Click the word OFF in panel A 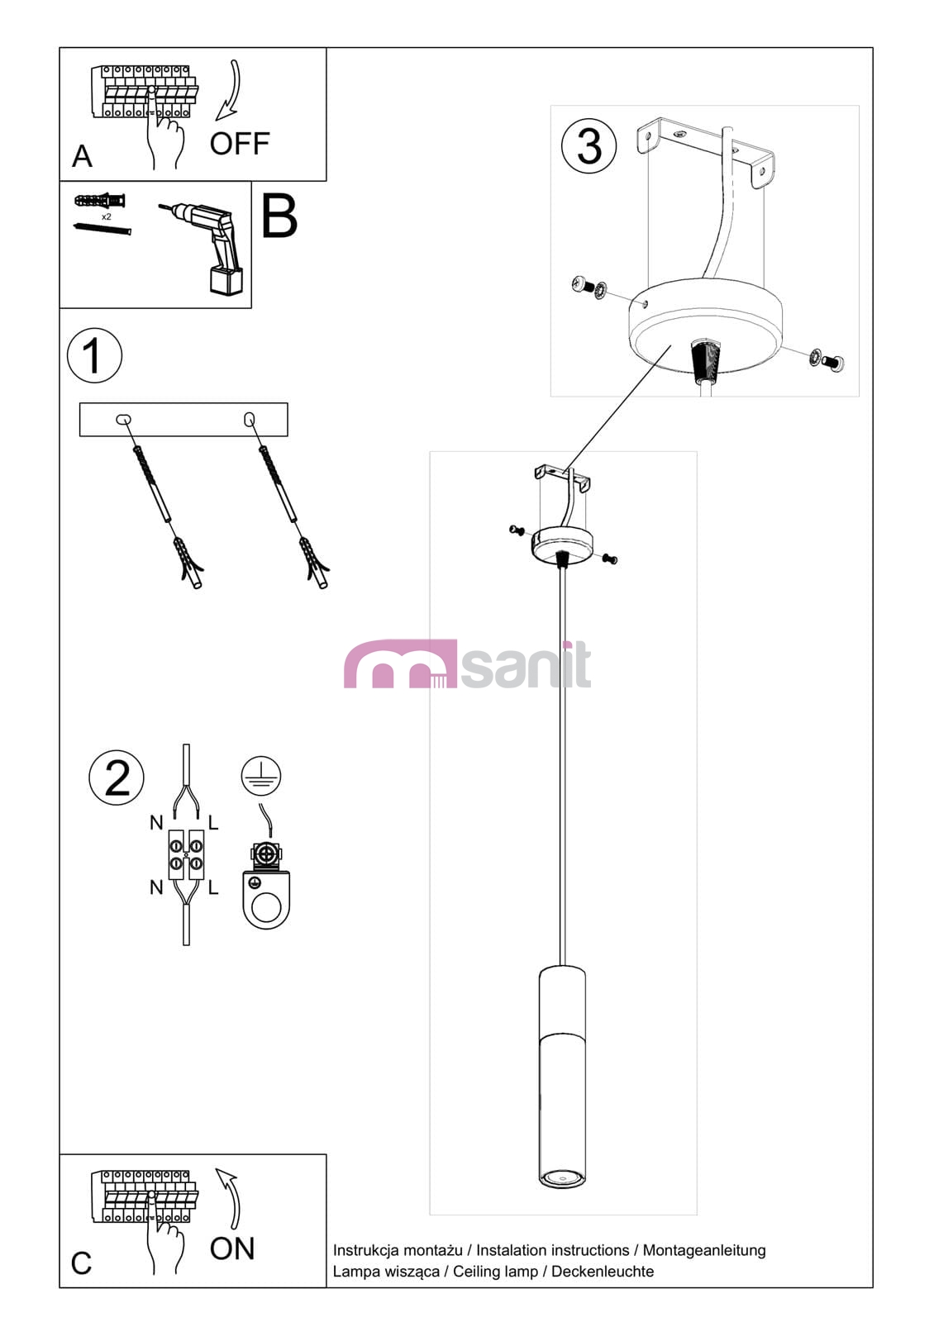coord(240,144)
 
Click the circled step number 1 coord(94,355)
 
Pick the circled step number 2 coord(117,778)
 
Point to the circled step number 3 coord(589,145)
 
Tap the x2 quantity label coord(107,217)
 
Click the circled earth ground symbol coord(261,776)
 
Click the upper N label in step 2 coord(156,823)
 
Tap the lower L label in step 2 coord(214,887)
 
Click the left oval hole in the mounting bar coord(123,420)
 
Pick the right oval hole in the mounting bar coord(249,420)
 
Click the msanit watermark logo coord(467,664)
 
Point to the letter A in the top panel coord(82,156)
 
